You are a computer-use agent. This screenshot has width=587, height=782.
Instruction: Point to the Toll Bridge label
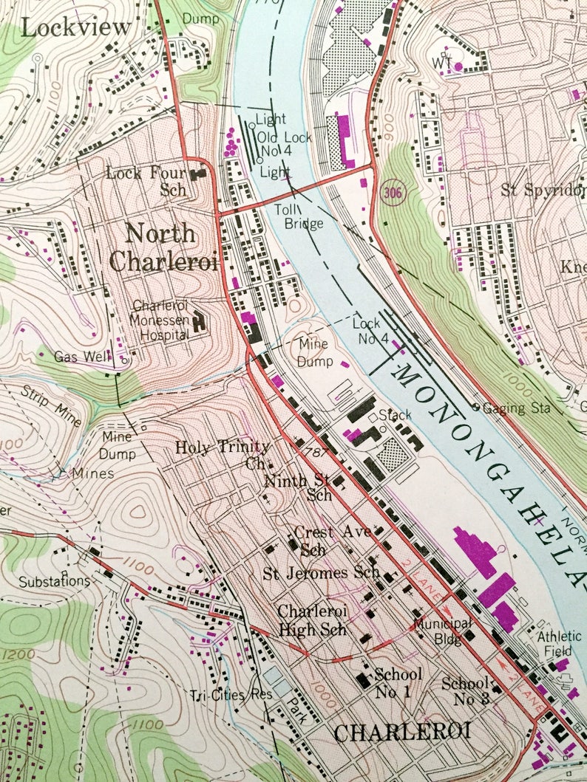point(299,216)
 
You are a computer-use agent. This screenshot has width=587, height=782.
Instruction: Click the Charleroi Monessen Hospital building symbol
point(199,322)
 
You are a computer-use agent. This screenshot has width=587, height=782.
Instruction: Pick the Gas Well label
point(83,356)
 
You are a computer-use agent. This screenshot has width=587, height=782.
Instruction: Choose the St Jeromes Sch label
point(322,572)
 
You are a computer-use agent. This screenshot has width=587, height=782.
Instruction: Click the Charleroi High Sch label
point(311,620)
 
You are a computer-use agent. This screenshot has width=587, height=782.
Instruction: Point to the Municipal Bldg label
point(442,630)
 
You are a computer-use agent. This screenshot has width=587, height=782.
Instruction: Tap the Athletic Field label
point(559,642)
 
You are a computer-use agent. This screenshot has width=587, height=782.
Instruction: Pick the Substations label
point(54,581)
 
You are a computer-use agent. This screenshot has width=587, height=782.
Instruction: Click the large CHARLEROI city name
point(402,732)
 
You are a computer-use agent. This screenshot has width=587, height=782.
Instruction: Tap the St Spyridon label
point(543,189)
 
